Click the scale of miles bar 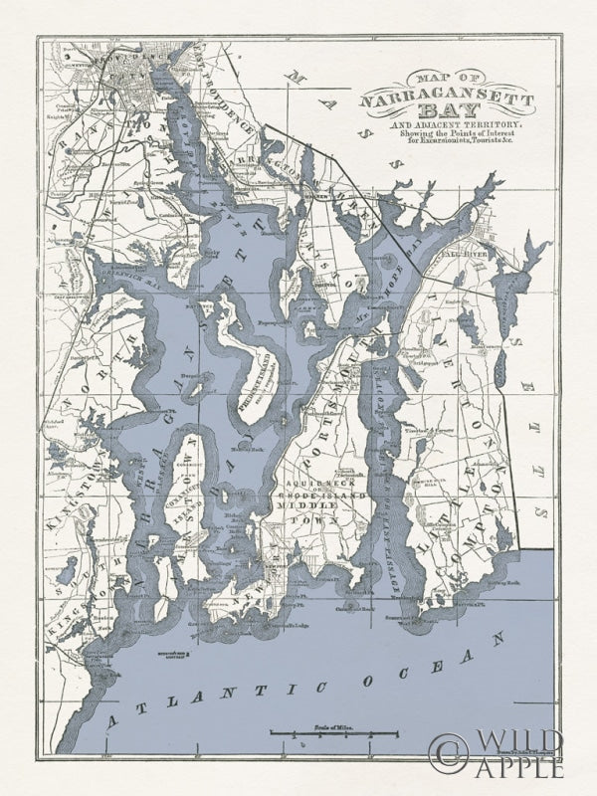(332, 735)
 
